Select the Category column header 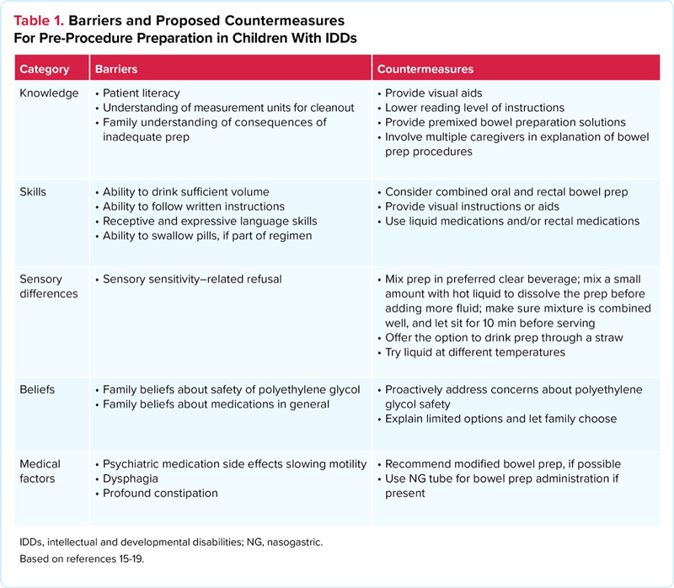[44, 68]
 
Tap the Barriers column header [116, 68]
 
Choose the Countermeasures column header [425, 68]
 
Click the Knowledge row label [49, 93]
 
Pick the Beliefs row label [37, 389]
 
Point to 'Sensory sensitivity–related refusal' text [191, 279]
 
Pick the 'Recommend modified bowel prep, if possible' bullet [502, 464]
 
